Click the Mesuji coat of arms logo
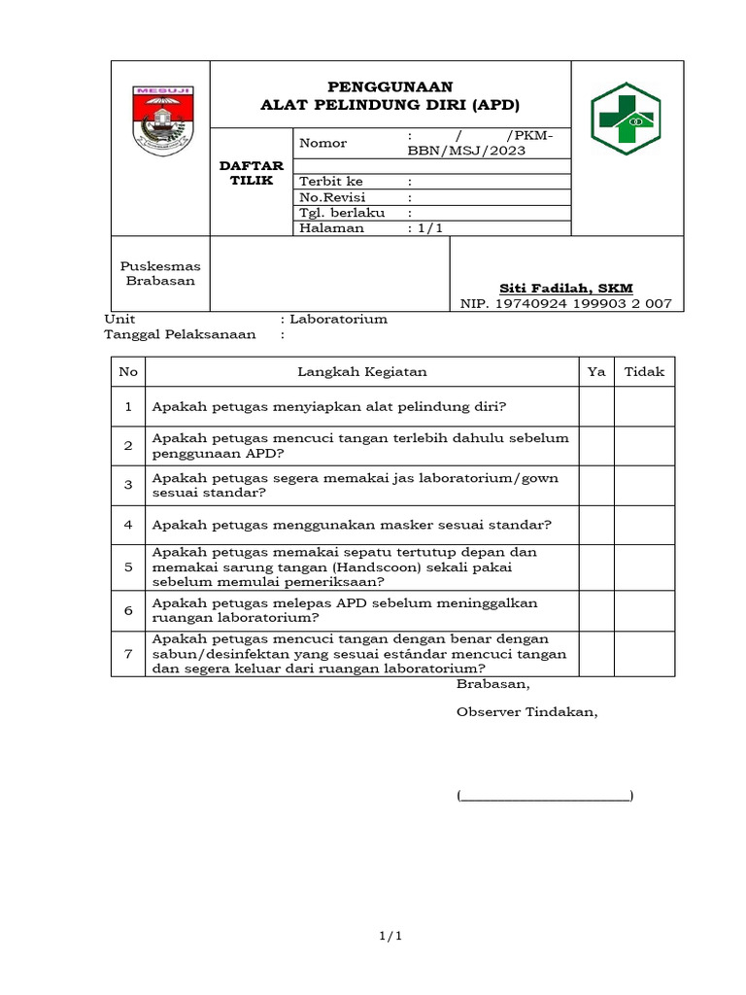pyautogui.click(x=161, y=120)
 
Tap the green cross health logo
pyautogui.click(x=627, y=120)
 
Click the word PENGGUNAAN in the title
pyautogui.click(x=390, y=86)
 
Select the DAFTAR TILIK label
pyautogui.click(x=252, y=173)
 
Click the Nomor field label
pyautogui.click(x=323, y=143)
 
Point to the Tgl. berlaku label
pyautogui.click(x=342, y=212)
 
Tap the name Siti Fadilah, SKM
pyautogui.click(x=565, y=288)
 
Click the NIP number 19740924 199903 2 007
pyautogui.click(x=566, y=304)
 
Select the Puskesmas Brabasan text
pyautogui.click(x=160, y=273)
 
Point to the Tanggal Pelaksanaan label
pyautogui.click(x=180, y=334)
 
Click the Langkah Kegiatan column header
pyautogui.click(x=361, y=372)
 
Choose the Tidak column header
pyautogui.click(x=644, y=372)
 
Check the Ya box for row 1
pyautogui.click(x=596, y=406)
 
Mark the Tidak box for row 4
pyautogui.click(x=644, y=525)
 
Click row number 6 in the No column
pyautogui.click(x=128, y=610)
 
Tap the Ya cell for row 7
pyautogui.click(x=596, y=653)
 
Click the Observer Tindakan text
pyautogui.click(x=526, y=711)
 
